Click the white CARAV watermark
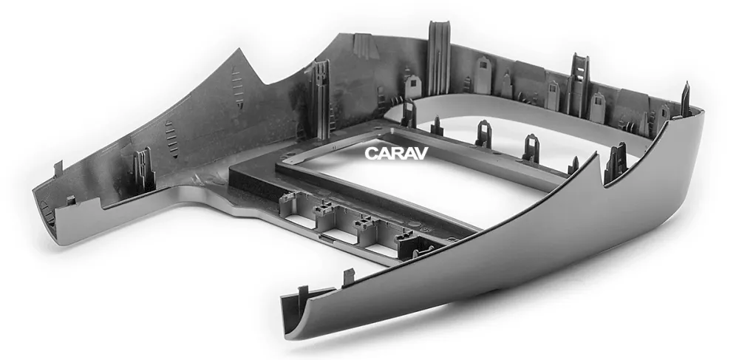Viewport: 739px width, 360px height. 396,153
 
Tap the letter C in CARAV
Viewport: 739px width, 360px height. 371,153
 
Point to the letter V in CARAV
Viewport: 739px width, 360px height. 421,153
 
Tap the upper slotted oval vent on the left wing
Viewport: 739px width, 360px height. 237,88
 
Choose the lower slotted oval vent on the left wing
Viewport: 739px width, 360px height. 172,139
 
